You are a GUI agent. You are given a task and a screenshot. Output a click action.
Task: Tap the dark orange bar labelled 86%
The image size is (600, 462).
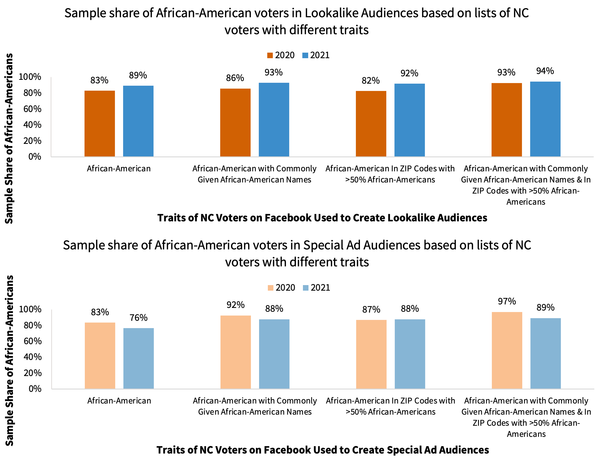click(235, 123)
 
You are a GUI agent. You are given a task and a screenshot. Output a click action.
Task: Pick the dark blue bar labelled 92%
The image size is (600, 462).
click(409, 120)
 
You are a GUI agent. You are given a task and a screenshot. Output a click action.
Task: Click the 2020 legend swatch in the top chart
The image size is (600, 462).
click(270, 56)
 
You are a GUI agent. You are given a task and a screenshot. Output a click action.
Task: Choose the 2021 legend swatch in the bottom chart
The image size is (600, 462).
click(306, 288)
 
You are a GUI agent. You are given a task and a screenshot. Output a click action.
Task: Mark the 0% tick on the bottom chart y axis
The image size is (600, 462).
click(35, 389)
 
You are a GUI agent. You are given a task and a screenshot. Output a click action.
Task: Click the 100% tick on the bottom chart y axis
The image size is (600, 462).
click(30, 309)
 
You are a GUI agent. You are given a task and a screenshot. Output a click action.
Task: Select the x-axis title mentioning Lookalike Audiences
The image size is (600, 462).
click(322, 218)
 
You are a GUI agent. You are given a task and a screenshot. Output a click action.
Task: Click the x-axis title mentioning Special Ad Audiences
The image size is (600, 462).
click(323, 450)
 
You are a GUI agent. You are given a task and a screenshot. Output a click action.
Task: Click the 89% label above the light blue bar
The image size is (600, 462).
click(545, 307)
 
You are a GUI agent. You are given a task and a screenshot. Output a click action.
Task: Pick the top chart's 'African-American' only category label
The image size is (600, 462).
click(119, 169)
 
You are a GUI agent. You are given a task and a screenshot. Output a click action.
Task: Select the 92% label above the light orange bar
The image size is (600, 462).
click(235, 305)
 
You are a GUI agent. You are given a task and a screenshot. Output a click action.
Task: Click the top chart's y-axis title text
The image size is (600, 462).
click(9, 138)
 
